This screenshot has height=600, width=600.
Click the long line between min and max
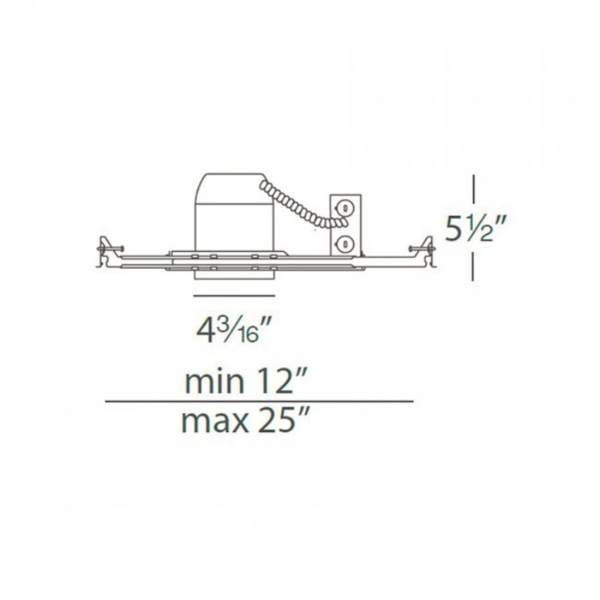[260, 401]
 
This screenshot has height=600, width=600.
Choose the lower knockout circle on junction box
[345, 242]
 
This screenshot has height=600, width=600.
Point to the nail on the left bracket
[114, 246]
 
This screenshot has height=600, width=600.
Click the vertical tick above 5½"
[475, 189]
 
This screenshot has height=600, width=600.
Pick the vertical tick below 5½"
[475, 266]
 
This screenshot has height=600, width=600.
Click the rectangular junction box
[345, 225]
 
